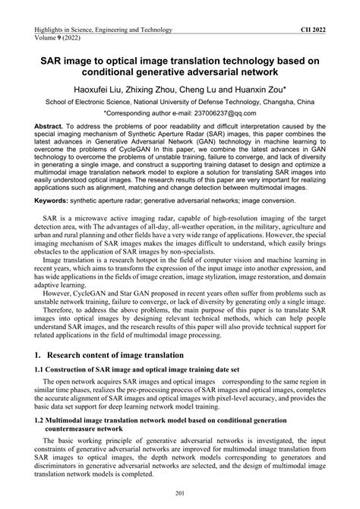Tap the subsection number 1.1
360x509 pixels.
(39, 369)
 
